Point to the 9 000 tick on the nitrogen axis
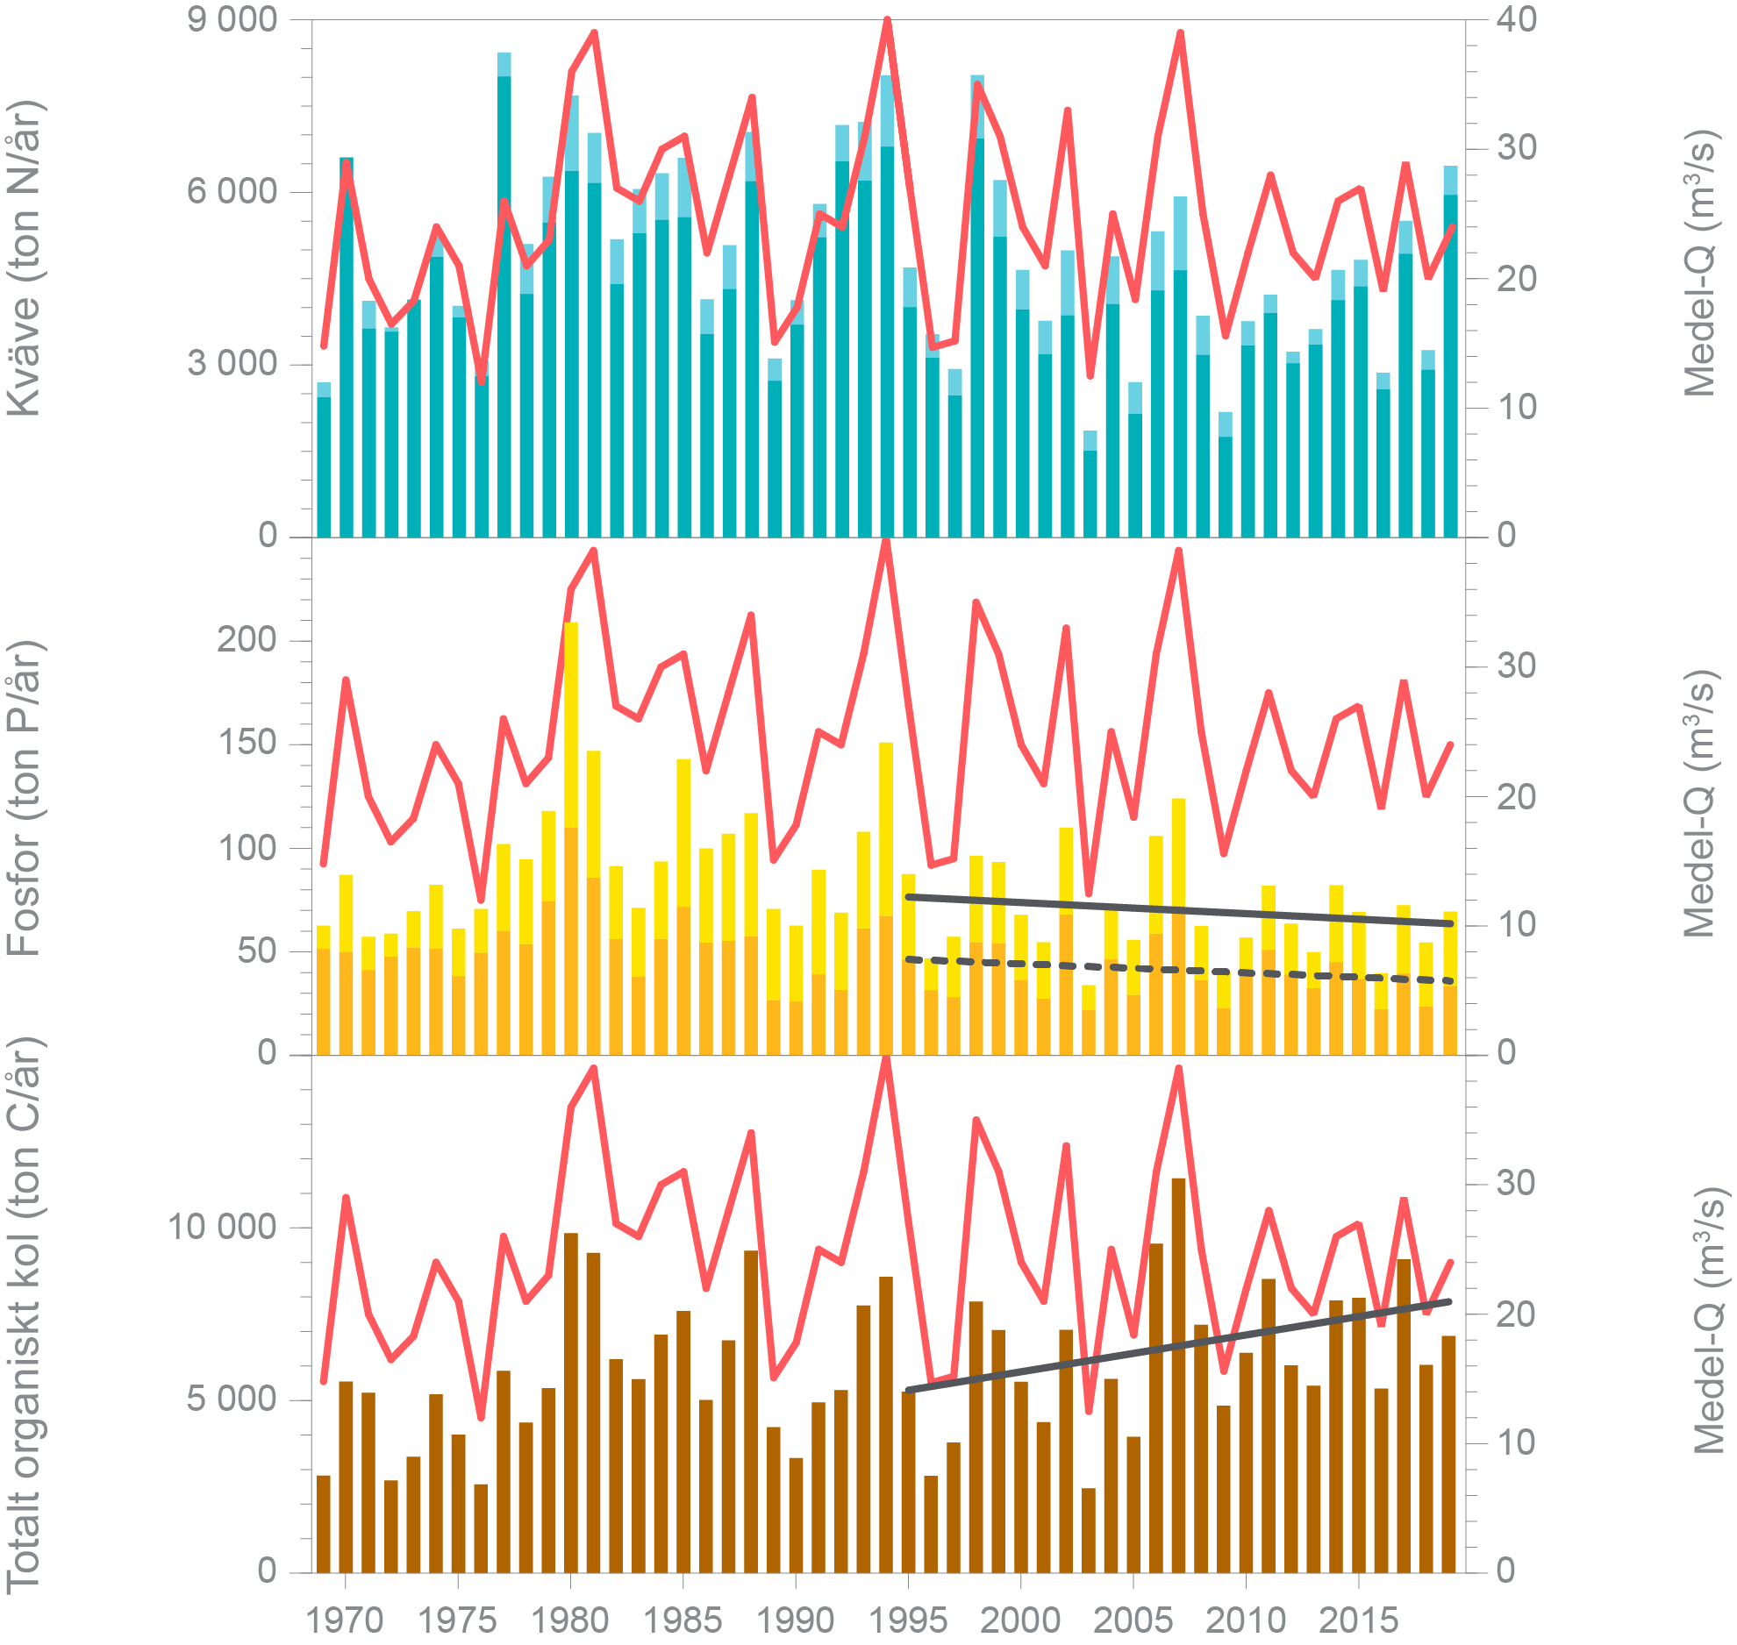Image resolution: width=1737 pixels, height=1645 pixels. coord(232,19)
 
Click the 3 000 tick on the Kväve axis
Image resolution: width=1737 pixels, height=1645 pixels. coord(232,363)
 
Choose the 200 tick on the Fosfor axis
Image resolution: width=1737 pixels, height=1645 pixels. coord(247,640)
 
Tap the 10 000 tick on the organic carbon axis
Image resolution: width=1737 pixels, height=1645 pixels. coord(223,1227)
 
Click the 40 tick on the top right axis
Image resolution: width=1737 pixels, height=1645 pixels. coord(1517,19)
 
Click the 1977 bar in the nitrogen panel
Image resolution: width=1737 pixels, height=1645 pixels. coord(504,298)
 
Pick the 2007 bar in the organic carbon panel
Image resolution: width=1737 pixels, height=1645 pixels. coord(1178,1377)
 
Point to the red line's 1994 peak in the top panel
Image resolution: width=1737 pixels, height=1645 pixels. coord(887,20)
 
